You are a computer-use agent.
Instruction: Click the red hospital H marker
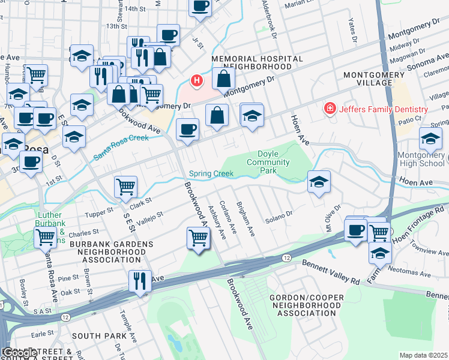(196, 80)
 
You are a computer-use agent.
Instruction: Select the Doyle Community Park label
(268, 162)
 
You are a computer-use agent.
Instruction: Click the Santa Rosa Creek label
(121, 148)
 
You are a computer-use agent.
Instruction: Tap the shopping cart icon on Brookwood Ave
(198, 237)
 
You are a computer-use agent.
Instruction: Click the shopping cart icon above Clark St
(125, 186)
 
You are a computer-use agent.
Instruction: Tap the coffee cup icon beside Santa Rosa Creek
(187, 130)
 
